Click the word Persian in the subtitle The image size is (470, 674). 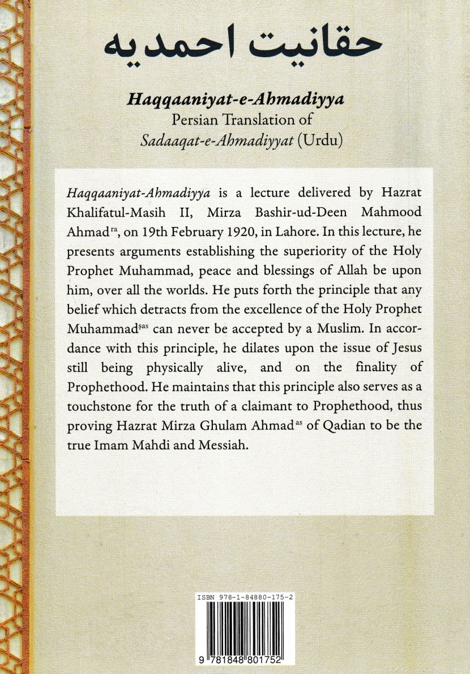[x=178, y=120]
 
